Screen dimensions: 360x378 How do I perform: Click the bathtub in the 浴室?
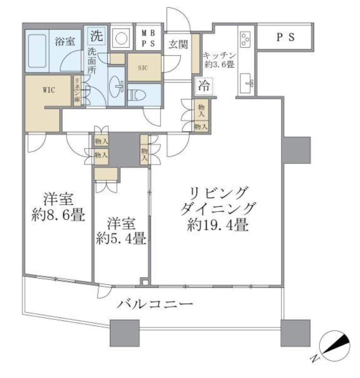(x=37, y=51)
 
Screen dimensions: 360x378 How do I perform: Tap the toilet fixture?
(x=136, y=95)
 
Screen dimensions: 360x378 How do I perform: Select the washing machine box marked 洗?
(x=97, y=36)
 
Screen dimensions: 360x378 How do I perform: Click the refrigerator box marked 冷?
(x=204, y=86)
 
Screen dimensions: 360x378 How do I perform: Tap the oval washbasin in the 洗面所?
(x=117, y=85)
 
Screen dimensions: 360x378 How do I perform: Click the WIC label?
(x=49, y=90)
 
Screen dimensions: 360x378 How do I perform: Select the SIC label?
(x=143, y=68)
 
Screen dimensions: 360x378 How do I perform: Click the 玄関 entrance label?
(x=178, y=44)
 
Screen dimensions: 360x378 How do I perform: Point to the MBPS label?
(x=148, y=38)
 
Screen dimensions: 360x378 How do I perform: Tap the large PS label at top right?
(x=285, y=37)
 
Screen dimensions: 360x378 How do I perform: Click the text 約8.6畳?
(x=58, y=215)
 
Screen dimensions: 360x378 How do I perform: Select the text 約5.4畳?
(x=121, y=238)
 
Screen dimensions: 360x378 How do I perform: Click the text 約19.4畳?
(x=218, y=226)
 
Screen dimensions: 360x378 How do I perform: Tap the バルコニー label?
(x=155, y=304)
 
